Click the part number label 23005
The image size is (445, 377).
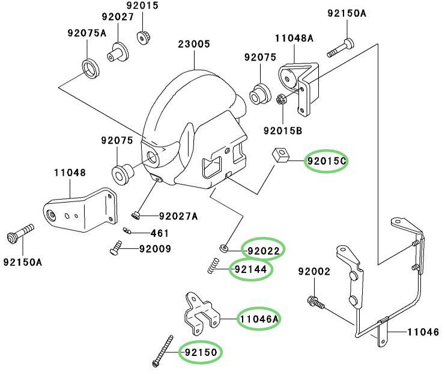(194, 44)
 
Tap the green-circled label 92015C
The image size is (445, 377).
(326, 161)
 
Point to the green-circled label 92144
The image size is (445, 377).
(250, 269)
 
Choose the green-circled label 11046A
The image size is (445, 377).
(259, 319)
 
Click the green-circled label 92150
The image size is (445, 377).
(201, 352)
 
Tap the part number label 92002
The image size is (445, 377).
(314, 272)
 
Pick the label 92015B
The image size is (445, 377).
(283, 130)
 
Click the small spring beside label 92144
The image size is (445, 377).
(213, 265)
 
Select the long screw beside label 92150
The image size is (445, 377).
(163, 351)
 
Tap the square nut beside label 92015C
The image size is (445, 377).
(280, 155)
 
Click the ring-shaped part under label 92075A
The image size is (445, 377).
(91, 69)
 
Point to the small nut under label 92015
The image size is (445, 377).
(144, 37)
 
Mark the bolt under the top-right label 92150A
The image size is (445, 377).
(341, 48)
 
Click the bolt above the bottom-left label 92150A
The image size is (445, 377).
(20, 234)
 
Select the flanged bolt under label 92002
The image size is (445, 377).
(316, 302)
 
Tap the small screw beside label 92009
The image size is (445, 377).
(116, 248)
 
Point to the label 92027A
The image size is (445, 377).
(178, 216)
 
